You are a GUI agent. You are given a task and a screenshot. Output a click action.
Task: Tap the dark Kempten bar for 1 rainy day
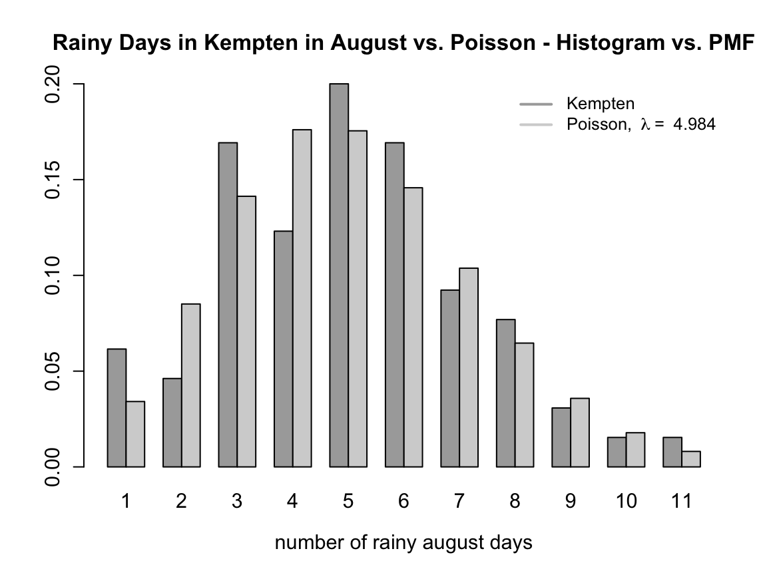point(117,407)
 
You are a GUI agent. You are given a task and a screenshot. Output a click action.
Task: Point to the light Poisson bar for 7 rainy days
point(469,367)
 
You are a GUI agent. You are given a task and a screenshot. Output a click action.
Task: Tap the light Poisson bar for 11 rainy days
point(691,459)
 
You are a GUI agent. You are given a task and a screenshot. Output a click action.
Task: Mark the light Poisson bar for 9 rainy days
point(580,432)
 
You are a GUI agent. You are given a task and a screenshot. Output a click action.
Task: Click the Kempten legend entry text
point(600,104)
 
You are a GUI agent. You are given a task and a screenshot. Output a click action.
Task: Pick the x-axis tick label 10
point(626,501)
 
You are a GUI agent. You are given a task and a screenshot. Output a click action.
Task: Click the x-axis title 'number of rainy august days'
point(403,543)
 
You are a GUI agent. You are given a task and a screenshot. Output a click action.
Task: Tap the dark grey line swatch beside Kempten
point(536,104)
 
